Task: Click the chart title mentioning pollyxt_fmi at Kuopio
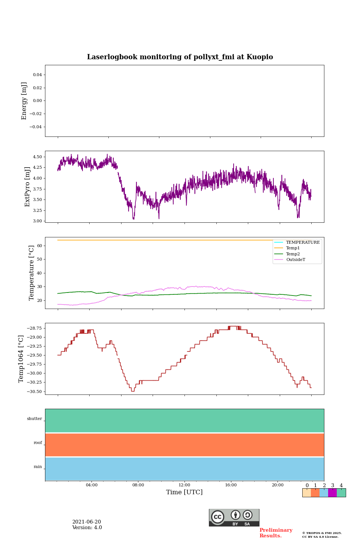(180, 57)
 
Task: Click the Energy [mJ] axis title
(24, 101)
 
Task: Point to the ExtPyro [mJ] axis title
(27, 187)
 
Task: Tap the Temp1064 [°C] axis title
(21, 359)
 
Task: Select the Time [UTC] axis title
(184, 492)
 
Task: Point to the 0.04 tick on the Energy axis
(37, 75)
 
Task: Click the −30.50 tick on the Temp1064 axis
(34, 391)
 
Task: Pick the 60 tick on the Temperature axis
(40, 246)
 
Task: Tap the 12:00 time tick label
(184, 485)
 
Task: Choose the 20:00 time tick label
(277, 485)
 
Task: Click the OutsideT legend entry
(295, 260)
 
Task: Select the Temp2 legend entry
(293, 254)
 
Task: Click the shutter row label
(34, 419)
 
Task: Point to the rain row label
(38, 467)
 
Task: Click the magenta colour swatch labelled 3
(332, 493)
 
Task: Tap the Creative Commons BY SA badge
(234, 517)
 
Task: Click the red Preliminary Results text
(276, 533)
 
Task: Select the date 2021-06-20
(87, 522)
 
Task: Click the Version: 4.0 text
(87, 528)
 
